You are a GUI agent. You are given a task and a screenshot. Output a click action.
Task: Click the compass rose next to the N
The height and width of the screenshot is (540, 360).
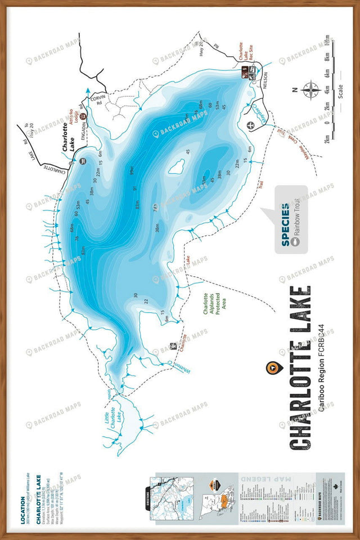(x=310, y=89)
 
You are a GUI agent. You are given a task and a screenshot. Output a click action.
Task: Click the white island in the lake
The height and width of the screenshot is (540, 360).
(x=177, y=166)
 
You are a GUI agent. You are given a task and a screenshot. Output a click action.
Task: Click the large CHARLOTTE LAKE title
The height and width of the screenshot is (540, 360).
(x=300, y=368)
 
